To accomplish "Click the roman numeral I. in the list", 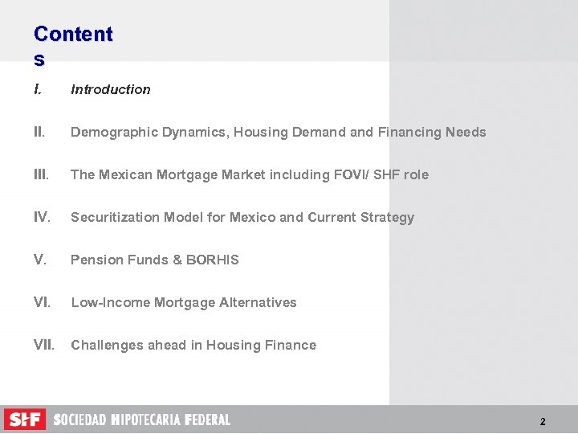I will click(x=39, y=89).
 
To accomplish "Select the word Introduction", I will click(x=111, y=89).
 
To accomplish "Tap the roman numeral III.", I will click(x=42, y=174).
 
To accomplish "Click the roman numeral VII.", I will click(x=44, y=345).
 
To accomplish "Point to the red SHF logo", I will click(x=25, y=419).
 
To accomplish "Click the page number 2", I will click(x=543, y=421).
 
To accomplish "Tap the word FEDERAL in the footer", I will click(x=207, y=420).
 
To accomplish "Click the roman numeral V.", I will click(x=40, y=260).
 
